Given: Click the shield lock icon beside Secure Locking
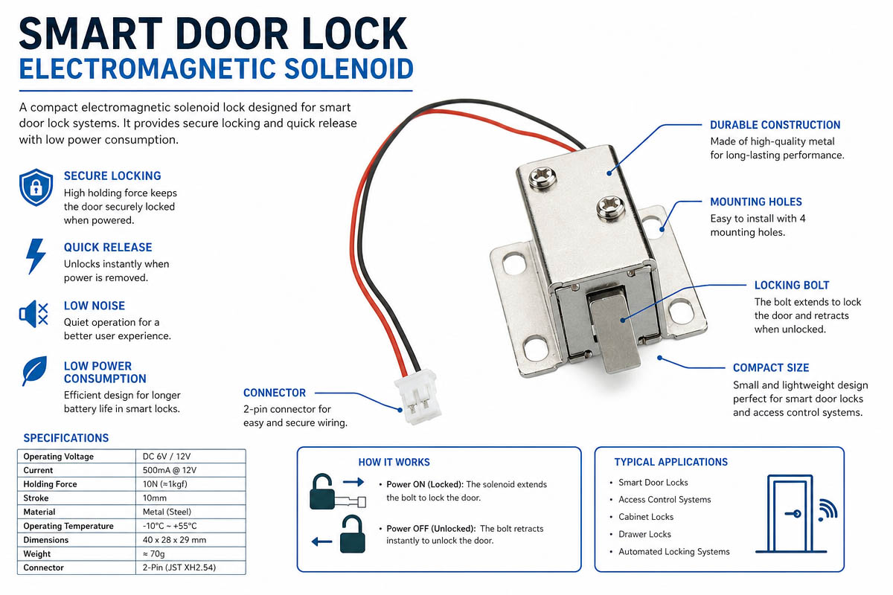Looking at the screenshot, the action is click(36, 187).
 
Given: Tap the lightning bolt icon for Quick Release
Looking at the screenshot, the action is click(36, 257).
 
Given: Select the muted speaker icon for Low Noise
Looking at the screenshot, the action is click(33, 314).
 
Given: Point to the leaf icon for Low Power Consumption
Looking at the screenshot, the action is click(34, 370).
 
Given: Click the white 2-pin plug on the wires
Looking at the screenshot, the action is click(417, 396).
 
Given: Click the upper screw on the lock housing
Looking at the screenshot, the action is click(542, 177).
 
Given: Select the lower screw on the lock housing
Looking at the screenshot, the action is click(611, 208).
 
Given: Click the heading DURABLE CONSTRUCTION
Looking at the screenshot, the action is click(775, 125).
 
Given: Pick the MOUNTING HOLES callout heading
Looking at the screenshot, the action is click(756, 202).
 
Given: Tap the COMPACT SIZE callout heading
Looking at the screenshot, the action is click(771, 367).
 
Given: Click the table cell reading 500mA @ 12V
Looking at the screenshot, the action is click(170, 470).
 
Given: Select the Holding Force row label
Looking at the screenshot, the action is click(51, 484).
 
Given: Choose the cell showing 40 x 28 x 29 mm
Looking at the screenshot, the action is click(174, 540).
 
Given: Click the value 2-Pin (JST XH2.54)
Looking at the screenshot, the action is click(179, 567).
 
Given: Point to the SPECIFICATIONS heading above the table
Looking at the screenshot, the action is click(65, 438).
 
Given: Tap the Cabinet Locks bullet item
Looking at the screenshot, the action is click(646, 517).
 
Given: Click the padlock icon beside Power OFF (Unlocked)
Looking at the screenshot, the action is click(352, 534).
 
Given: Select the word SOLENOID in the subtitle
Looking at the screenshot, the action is click(349, 69).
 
